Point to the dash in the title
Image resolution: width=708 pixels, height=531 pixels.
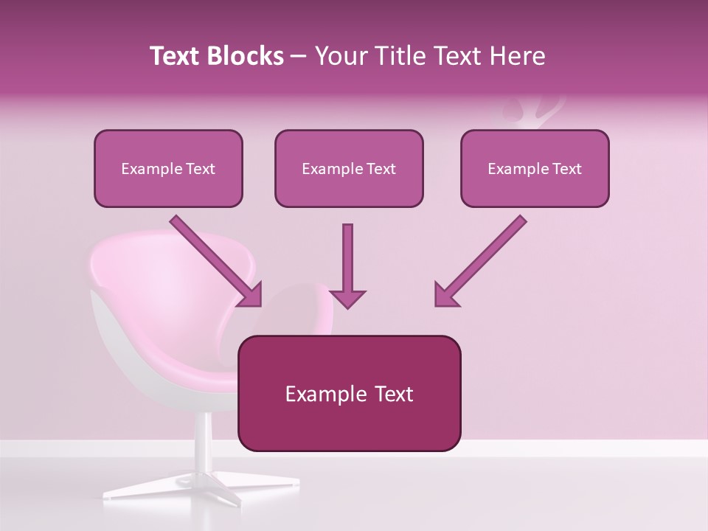pos(299,57)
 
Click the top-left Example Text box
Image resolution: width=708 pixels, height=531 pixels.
pos(168,168)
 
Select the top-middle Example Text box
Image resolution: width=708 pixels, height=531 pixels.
pos(349,168)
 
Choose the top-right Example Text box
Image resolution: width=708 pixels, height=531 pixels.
pos(535,168)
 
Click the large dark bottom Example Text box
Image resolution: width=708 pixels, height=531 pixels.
pos(349,393)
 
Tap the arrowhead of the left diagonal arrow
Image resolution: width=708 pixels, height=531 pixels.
pos(251,296)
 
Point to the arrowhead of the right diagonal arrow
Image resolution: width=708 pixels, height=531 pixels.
pos(444,295)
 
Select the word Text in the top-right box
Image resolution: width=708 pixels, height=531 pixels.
pos(566,169)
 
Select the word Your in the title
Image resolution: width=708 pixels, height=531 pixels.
pos(340,56)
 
